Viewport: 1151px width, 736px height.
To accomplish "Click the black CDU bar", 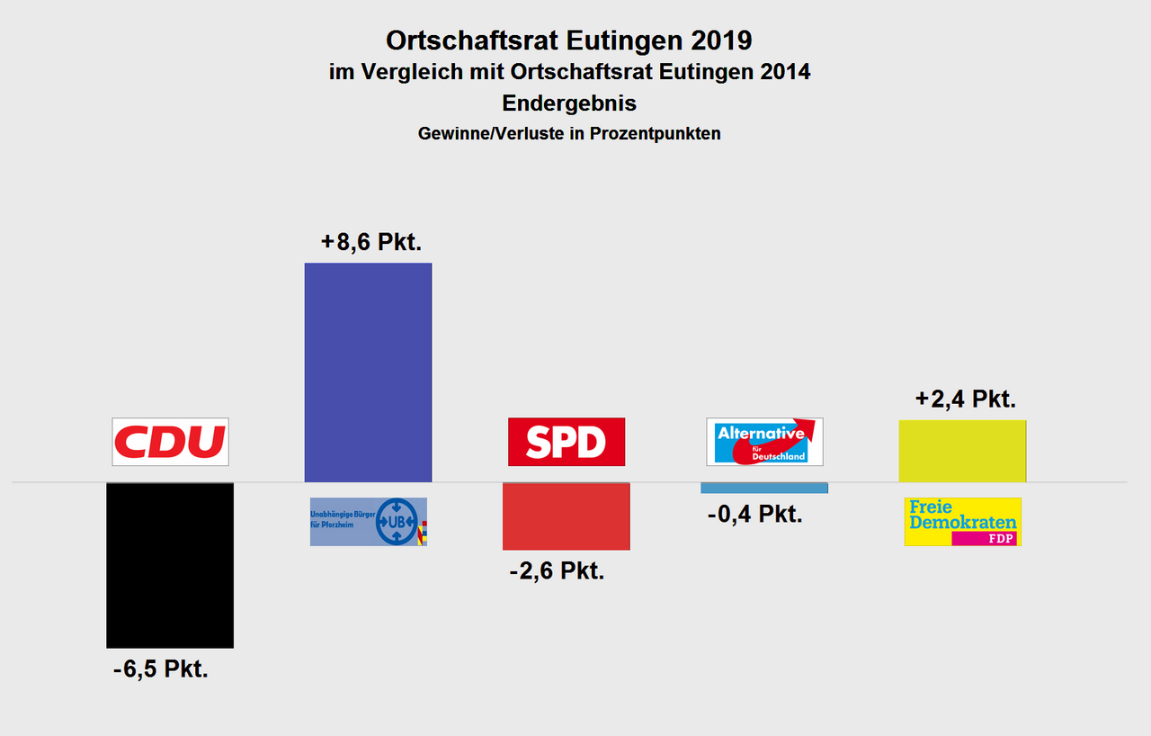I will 170,565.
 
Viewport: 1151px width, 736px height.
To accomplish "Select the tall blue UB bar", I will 368,372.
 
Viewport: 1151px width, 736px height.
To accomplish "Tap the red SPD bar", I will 566,516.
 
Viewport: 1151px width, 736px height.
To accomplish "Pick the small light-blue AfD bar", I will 764,488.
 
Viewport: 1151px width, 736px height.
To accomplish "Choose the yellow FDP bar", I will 962,451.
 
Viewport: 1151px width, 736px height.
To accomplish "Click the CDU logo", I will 170,442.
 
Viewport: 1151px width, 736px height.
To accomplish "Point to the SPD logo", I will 566,442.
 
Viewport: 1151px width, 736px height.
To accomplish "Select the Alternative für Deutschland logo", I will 764,442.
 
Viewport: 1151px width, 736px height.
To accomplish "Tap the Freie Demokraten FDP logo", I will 962,522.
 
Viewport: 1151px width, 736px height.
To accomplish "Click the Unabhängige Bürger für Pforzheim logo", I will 368,522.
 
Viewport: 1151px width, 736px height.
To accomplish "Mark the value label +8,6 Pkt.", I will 370,243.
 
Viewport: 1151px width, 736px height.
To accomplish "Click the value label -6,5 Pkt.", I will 161,669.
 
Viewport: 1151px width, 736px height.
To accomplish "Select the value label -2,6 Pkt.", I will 557,570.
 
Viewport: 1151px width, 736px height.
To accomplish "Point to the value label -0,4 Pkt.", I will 754,514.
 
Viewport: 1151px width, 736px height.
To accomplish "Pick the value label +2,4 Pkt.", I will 965,399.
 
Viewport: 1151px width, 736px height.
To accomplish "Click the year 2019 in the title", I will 716,40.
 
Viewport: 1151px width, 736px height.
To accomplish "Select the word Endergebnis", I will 569,103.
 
